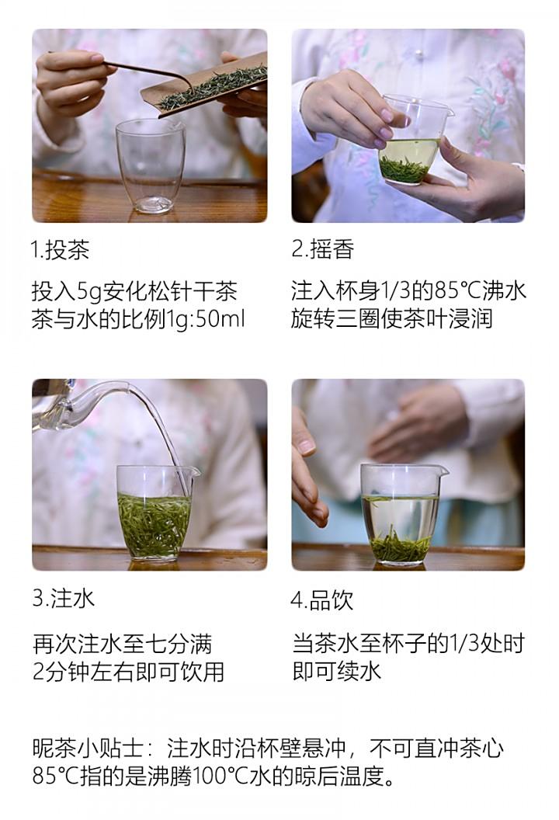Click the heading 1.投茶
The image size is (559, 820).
click(x=60, y=249)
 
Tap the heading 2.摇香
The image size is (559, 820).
click(x=323, y=249)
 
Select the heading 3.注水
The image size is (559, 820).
click(x=63, y=599)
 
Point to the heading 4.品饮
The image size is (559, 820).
click(x=322, y=599)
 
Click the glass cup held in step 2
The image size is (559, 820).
click(x=414, y=140)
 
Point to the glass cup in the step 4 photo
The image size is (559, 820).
click(x=404, y=515)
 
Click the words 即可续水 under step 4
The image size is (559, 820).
click(x=336, y=672)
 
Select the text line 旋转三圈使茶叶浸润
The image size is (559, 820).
click(x=391, y=319)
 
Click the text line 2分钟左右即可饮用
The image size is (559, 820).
click(x=128, y=672)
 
